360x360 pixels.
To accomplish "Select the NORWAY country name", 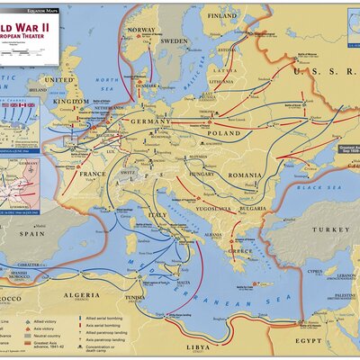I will tap(141, 29).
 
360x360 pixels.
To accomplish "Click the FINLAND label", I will tap(222, 16).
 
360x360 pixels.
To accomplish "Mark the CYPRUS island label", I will tap(312, 269).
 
